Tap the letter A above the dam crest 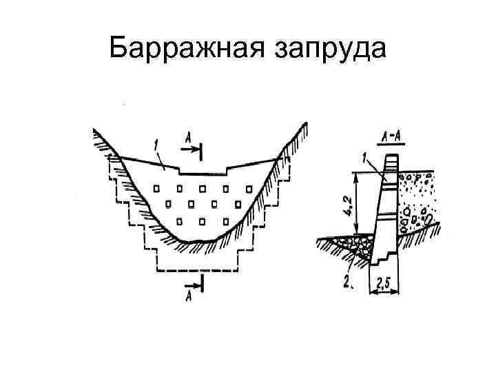tap(187, 138)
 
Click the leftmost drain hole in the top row tap(157, 187)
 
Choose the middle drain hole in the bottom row tap(203, 220)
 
